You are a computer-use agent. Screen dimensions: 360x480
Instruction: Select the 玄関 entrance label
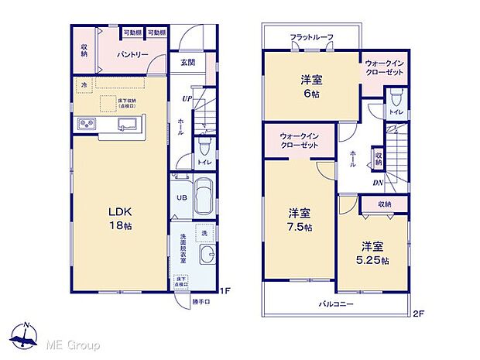coord(188,63)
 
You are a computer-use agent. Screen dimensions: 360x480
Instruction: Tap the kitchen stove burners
coord(85,124)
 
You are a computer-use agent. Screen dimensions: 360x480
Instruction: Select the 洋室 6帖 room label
coord(311,85)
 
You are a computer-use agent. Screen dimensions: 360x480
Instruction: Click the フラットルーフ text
coord(311,37)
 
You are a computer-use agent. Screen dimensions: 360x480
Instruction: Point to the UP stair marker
coord(187,98)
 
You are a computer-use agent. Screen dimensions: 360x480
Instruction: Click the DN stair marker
coord(377,183)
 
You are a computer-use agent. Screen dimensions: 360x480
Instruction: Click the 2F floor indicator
coord(419,315)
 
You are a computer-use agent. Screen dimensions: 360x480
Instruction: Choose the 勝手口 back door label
coord(201,302)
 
